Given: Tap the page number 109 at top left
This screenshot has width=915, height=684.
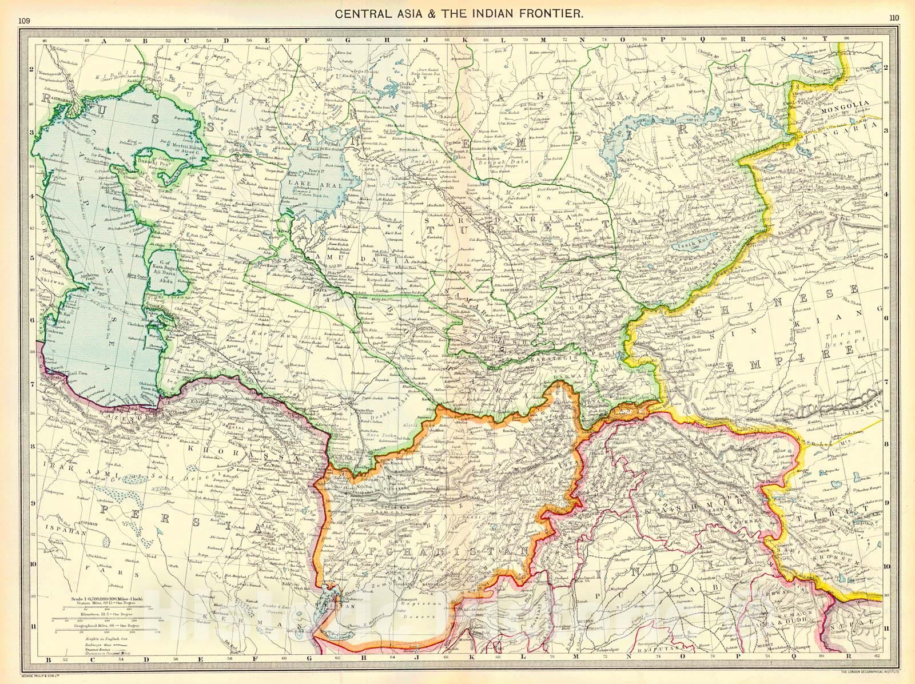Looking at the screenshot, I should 24,21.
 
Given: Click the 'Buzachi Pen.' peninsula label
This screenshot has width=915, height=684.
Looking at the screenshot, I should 150,163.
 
